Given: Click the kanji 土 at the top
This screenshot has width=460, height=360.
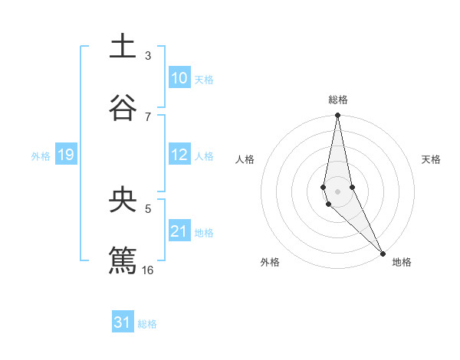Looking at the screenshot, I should point(123,47).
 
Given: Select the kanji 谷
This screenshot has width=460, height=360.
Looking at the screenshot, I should point(123,107).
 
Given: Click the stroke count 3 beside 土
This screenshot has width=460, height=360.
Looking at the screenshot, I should point(148,56).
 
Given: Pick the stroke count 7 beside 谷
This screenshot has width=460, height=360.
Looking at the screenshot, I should point(148,116).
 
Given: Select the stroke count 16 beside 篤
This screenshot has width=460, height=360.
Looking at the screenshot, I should point(148,270).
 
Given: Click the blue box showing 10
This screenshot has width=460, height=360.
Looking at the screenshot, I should point(179,78).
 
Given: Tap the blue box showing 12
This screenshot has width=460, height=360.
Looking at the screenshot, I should point(179,155).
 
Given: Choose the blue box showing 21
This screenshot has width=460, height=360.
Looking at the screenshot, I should point(179,231).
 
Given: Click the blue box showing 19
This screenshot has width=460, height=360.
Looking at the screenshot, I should point(65,155).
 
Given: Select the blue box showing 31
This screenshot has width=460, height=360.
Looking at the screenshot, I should point(123,322).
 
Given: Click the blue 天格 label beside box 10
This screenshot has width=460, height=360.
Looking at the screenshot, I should point(204,80).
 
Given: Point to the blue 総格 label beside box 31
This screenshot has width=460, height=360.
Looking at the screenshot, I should point(147,324).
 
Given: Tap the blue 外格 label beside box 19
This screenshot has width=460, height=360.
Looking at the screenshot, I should point(41,156).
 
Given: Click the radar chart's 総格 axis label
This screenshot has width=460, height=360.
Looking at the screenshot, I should point(338,100).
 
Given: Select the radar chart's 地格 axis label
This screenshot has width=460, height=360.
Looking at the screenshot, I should point(402,262).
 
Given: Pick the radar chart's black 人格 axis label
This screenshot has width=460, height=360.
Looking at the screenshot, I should point(245,159).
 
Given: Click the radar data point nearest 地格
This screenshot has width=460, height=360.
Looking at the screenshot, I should point(383,252).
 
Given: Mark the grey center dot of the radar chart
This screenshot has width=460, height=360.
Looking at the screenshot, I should point(338,191).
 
